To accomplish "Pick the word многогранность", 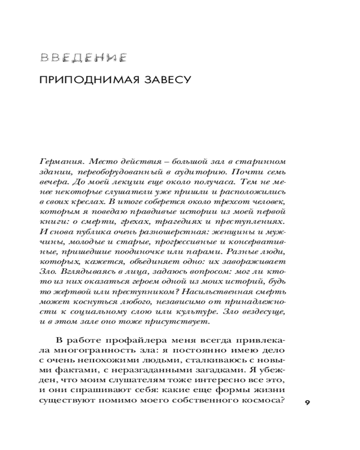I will point(90,350).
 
